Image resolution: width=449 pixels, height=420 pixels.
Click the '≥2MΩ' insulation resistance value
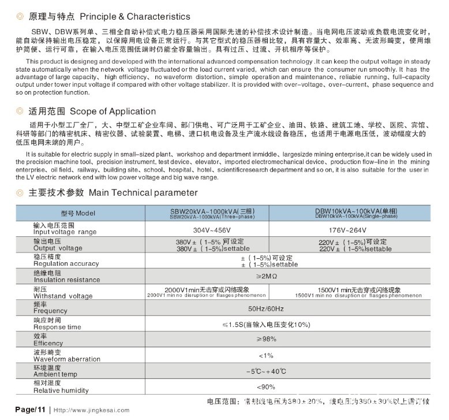pyautogui.click(x=266, y=277)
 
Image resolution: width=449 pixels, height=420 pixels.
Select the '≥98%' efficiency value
pyautogui.click(x=266, y=339)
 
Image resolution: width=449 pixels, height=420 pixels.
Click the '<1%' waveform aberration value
pyautogui.click(x=266, y=355)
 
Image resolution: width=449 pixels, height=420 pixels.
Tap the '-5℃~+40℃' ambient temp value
pyautogui.click(x=266, y=371)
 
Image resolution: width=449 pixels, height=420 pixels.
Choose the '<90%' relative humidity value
pyautogui.click(x=266, y=386)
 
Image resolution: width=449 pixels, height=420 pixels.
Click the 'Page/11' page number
pyautogui.click(x=30, y=410)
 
